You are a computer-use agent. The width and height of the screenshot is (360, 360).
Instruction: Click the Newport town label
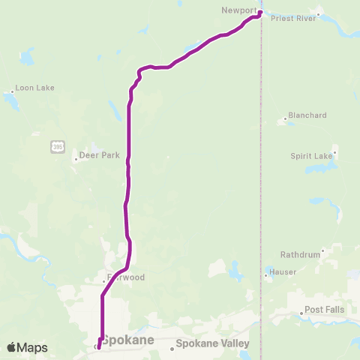pyautogui.click(x=239, y=10)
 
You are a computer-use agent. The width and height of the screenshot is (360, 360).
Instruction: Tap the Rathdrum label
pyautogui.click(x=300, y=254)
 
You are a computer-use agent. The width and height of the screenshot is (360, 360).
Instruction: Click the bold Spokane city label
pyautogui.click(x=127, y=340)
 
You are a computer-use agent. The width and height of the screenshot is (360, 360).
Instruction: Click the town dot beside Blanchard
pyautogui.click(x=287, y=118)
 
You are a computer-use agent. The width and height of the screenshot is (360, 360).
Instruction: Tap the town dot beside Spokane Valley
pyautogui.click(x=171, y=347)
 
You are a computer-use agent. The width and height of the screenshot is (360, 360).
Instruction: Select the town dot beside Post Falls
pyautogui.click(x=301, y=312)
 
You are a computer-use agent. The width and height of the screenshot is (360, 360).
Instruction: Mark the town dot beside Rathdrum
pyautogui.click(x=323, y=251)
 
